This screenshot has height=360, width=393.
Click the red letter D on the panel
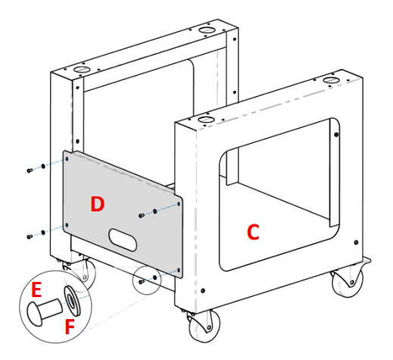click(97, 204)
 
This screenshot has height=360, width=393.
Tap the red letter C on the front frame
click(253, 233)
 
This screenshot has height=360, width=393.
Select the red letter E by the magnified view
click(36, 290)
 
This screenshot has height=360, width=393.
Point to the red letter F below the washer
click(70, 328)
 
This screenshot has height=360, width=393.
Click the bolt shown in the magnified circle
click(45, 309)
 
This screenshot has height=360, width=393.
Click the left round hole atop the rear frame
click(78, 69)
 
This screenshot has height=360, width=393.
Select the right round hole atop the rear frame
click(206, 30)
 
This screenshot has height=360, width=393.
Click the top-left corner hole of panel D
click(67, 160)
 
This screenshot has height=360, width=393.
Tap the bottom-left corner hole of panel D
click(67, 225)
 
